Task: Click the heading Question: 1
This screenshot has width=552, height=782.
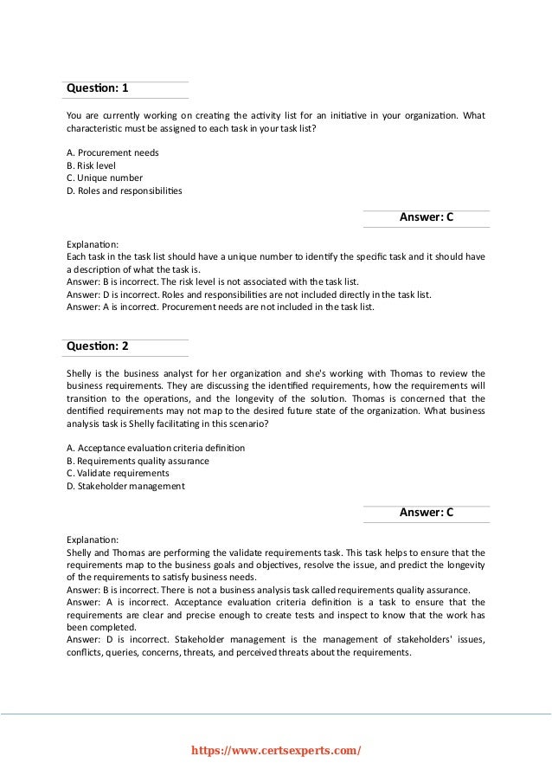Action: pos(98,89)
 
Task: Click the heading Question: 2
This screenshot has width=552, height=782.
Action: pos(98,346)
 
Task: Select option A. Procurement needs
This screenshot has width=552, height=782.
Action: pos(112,152)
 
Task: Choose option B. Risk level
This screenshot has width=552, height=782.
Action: pos(91,165)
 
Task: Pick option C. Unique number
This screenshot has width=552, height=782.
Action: pos(105,178)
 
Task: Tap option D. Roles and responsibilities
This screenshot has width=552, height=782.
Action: pos(125,191)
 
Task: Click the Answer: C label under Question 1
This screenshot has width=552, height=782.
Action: pos(426,218)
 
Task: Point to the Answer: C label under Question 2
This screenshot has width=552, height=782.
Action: pos(426,513)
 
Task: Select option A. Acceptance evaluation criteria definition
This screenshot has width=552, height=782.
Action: pos(156,448)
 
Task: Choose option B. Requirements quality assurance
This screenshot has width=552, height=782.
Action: pos(138,461)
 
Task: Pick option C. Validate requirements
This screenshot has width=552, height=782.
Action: pos(118,474)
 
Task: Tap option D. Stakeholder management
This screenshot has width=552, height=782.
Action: pos(125,487)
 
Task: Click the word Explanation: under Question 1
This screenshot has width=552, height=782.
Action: pos(93,244)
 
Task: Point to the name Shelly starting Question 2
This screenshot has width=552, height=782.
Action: pos(80,373)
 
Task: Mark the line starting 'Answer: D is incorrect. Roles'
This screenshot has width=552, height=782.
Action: pos(248,294)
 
